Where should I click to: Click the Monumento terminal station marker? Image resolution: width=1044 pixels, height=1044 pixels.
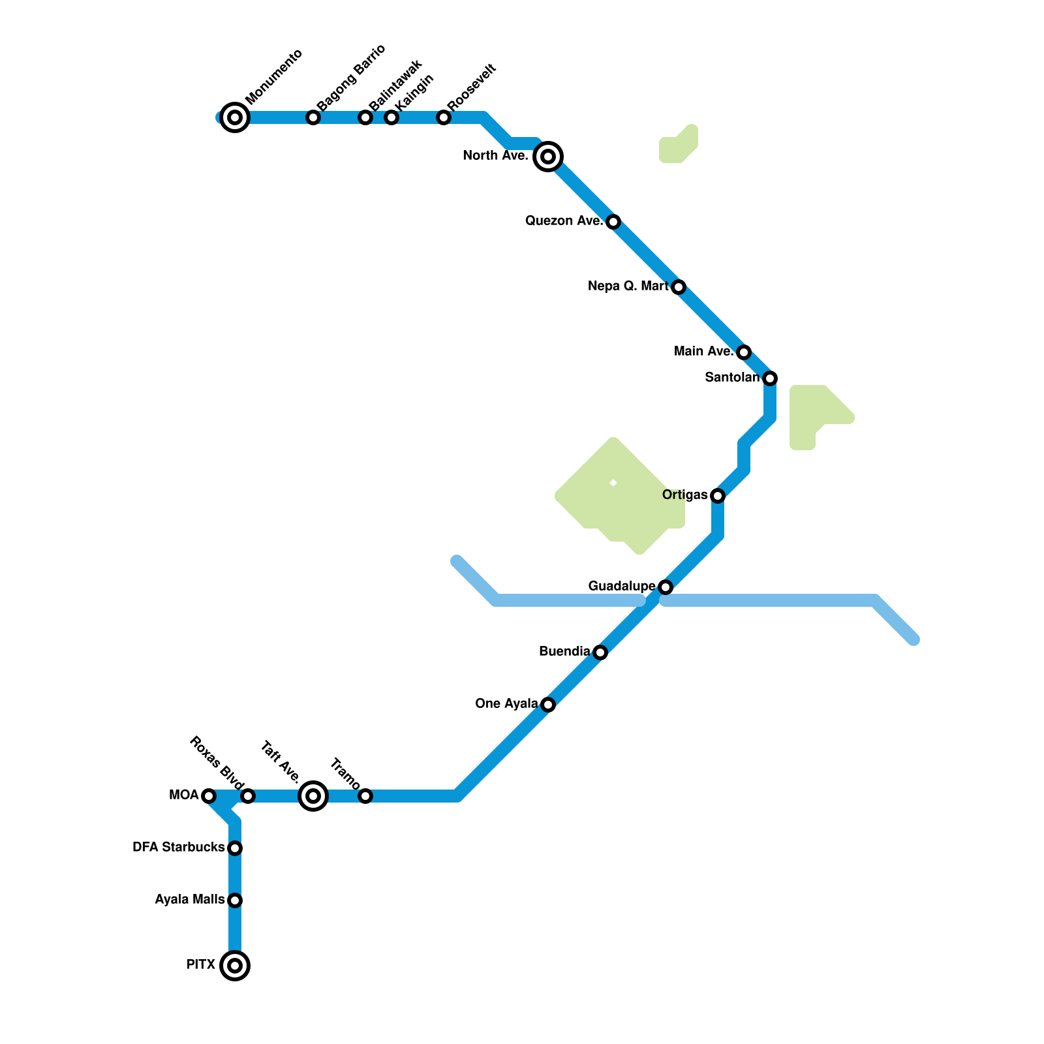pyautogui.click(x=235, y=117)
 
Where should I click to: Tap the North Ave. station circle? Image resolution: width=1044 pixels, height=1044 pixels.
pyautogui.click(x=548, y=157)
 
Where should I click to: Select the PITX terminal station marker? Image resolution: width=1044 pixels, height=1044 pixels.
pyautogui.click(x=235, y=965)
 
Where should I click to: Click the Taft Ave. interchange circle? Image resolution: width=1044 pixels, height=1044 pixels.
pyautogui.click(x=313, y=796)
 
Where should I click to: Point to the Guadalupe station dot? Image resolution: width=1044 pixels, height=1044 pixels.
pyautogui.click(x=666, y=587)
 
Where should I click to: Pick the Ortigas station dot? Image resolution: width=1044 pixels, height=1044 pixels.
pyautogui.click(x=718, y=496)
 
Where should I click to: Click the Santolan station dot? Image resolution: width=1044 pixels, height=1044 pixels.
pyautogui.click(x=770, y=378)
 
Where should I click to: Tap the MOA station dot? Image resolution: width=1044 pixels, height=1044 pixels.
pyautogui.click(x=209, y=796)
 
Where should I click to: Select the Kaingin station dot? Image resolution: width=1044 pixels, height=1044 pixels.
pyautogui.click(x=391, y=117)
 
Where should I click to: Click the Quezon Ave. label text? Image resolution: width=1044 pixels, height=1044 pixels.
pyautogui.click(x=564, y=221)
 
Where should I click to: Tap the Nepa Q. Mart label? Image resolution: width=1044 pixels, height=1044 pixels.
pyautogui.click(x=628, y=286)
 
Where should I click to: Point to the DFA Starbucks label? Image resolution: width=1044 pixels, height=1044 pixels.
pyautogui.click(x=178, y=848)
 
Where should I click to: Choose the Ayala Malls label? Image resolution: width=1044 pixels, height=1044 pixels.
pyautogui.click(x=189, y=900)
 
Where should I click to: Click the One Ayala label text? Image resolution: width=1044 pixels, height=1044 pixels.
pyautogui.click(x=506, y=704)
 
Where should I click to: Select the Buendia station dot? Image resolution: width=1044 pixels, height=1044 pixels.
pyautogui.click(x=600, y=652)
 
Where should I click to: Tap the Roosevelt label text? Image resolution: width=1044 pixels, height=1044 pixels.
pyautogui.click(x=472, y=87)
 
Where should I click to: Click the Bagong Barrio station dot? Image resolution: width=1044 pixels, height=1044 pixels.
pyautogui.click(x=313, y=117)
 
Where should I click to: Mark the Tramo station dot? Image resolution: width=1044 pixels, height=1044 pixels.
pyautogui.click(x=365, y=796)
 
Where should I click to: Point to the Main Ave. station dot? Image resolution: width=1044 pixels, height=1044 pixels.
pyautogui.click(x=744, y=352)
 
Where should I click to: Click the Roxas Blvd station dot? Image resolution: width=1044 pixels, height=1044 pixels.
pyautogui.click(x=248, y=796)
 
